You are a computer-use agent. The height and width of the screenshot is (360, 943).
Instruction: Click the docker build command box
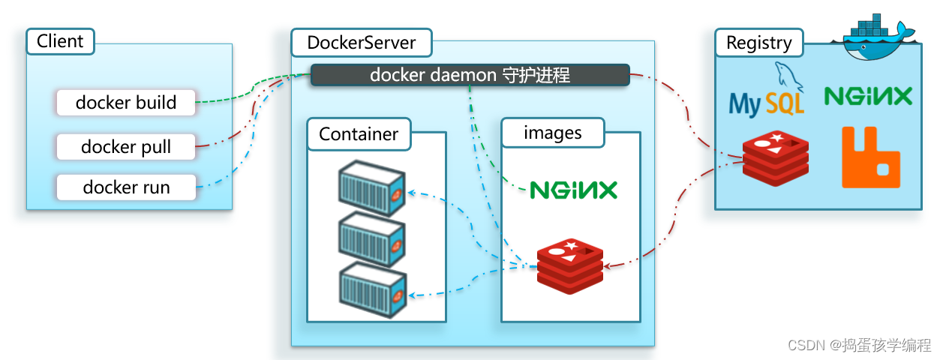coord(126,103)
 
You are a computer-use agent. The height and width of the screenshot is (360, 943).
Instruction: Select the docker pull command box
coord(126,147)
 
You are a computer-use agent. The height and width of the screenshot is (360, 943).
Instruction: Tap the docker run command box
coord(126,187)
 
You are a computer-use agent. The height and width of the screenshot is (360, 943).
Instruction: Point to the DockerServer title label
coord(361,43)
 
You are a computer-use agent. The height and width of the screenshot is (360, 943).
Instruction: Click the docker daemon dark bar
coord(470,75)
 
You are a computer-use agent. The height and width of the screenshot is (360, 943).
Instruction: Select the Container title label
coord(359,134)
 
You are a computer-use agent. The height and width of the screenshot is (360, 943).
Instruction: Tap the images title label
coord(552,133)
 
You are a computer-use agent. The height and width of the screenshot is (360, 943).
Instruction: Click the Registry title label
coord(758,43)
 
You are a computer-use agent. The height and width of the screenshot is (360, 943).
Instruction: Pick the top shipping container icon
coord(371,188)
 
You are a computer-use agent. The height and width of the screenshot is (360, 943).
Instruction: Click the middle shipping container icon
coord(371,238)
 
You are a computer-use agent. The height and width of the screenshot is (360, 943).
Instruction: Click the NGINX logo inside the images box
coord(574,189)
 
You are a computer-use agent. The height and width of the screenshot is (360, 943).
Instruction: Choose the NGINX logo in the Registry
coord(868,95)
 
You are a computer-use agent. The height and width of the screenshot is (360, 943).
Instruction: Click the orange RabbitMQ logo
coord(870,157)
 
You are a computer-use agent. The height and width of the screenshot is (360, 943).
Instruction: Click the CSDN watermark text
coord(859,345)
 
